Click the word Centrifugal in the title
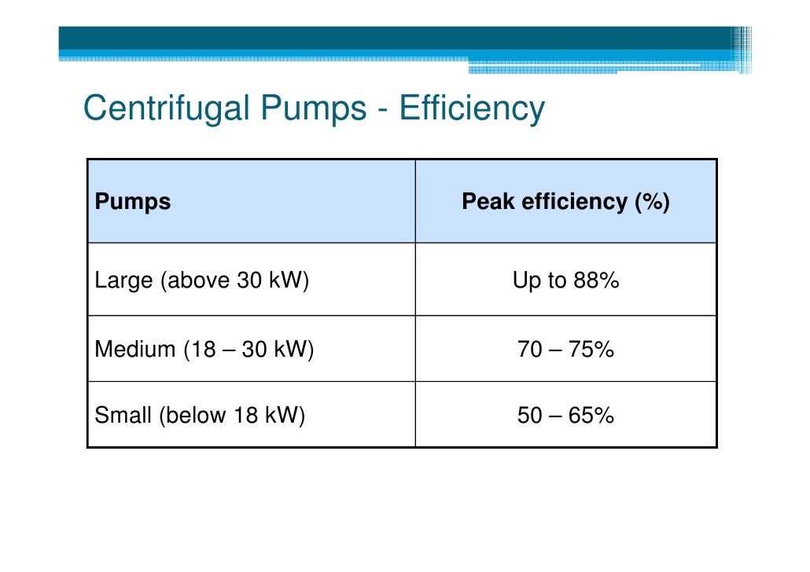[167, 108]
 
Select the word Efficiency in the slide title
[472, 108]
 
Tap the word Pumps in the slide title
[314, 109]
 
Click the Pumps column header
[133, 202]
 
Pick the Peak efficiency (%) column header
[565, 201]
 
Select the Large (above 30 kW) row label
[202, 280]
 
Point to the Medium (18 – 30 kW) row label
[204, 349]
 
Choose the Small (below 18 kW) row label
[200, 415]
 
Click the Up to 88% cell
[565, 280]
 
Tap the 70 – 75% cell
[565, 350]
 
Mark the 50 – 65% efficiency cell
[565, 416]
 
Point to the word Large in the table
[124, 280]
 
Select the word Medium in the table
[135, 349]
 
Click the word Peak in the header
[488, 201]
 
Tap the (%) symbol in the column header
[653, 202]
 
